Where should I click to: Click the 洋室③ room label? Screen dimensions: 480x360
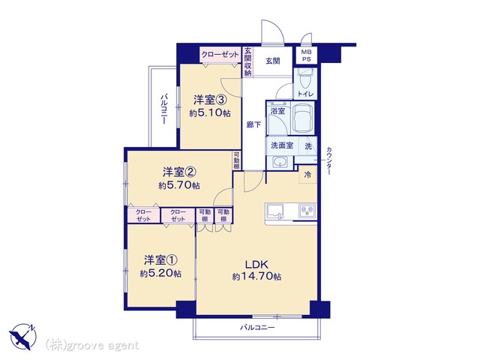pos(210,100)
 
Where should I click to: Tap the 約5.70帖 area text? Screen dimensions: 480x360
pos(179,185)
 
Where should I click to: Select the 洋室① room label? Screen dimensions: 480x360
pos(160,260)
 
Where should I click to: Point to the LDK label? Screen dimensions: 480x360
pos(256,264)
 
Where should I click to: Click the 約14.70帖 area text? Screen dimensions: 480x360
pos(256,277)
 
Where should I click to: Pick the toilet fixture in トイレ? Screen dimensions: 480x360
pos(304,78)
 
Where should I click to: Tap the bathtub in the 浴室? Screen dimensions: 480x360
pos(303,118)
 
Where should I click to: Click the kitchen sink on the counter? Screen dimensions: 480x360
pos(275,211)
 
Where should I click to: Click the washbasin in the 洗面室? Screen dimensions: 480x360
pos(279,162)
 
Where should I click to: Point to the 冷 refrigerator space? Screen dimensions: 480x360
pos(308,175)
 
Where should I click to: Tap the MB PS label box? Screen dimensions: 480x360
pos(306,55)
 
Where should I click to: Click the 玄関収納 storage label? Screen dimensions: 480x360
pos(248,62)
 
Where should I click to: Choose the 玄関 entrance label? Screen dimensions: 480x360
pos(272,61)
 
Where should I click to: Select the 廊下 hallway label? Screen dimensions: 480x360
pos(253,124)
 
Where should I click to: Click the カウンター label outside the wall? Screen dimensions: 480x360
pos(329,161)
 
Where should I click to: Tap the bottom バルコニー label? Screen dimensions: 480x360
pos(257,328)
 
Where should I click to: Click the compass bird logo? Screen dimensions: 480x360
pos(22,337)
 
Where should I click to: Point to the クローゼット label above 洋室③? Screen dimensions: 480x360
pos(220,55)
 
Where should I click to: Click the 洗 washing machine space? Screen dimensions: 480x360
pos(308,146)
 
